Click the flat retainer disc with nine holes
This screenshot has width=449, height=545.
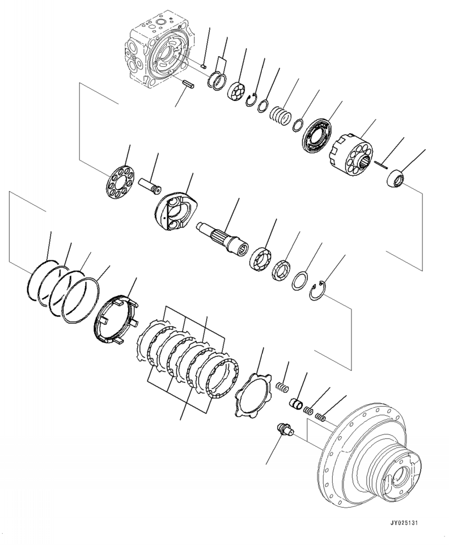pos(120,183)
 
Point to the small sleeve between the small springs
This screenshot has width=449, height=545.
pos(295,405)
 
